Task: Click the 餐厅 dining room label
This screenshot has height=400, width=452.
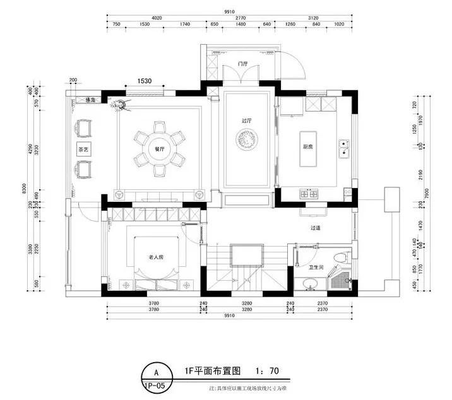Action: [x=159, y=150]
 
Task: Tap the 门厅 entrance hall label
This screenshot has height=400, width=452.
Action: [x=241, y=64]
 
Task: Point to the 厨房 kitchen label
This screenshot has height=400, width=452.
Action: [x=309, y=147]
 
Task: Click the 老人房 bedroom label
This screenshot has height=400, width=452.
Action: [x=156, y=257]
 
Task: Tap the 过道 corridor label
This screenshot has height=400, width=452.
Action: [x=316, y=228]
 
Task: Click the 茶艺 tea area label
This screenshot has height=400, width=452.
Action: [x=83, y=150]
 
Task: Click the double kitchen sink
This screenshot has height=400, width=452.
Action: [x=345, y=149]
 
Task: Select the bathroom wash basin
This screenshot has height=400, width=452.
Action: [x=310, y=288]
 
